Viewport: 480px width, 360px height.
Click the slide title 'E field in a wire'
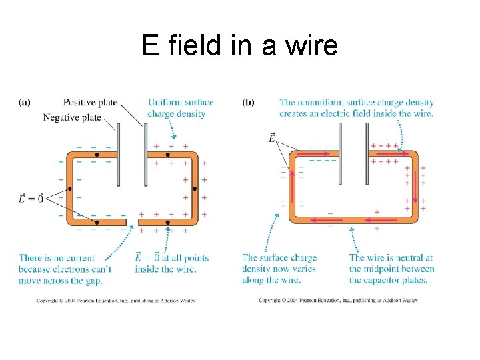pos(239,46)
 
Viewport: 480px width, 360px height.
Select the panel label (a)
pos(25,103)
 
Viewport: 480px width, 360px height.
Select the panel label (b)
pos(248,103)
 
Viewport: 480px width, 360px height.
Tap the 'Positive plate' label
pos(90,103)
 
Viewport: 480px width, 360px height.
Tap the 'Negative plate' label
pos(72,117)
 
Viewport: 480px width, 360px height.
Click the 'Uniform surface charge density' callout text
pos(181,108)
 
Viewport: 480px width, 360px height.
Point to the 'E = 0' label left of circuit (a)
pos(31,198)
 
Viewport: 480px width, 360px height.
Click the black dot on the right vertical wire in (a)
pos(195,189)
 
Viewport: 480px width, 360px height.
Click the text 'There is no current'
pos(57,258)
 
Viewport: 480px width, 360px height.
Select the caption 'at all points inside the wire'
pos(171,264)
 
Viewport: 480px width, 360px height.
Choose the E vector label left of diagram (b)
pos(272,138)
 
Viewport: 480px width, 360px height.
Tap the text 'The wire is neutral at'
pos(391,258)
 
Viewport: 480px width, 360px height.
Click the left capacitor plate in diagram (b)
pos(340,154)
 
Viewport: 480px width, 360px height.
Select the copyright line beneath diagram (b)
pos(338,301)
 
